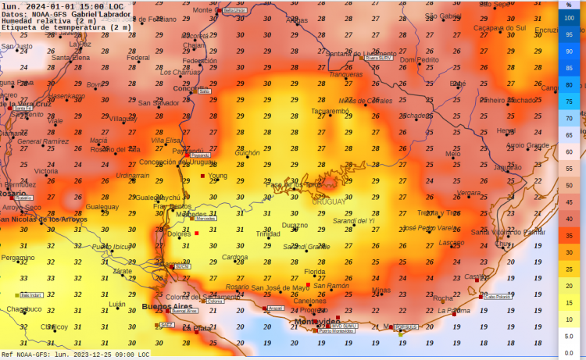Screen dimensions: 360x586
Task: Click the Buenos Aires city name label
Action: coord(165,307)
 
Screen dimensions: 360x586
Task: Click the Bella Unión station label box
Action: coord(234,10)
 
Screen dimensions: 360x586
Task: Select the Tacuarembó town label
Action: coord(330,111)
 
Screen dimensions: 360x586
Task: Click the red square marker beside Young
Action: coord(202,176)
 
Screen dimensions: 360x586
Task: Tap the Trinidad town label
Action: coord(268,233)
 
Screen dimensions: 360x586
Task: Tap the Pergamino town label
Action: coord(17,257)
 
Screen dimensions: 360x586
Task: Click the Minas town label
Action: coord(381,290)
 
